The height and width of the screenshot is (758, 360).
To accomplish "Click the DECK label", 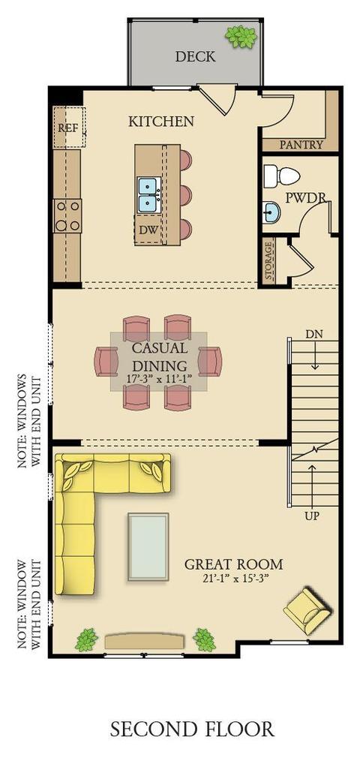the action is [195, 56].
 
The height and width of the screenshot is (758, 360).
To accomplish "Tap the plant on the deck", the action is [241, 37].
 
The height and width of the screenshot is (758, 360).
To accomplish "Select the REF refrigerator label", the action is [67, 128].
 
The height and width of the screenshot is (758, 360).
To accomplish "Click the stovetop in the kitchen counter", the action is [67, 215].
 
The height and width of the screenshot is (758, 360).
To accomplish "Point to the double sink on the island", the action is [148, 195].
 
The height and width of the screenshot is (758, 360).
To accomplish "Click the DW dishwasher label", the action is [148, 230].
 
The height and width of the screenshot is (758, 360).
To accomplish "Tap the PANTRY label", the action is [301, 144].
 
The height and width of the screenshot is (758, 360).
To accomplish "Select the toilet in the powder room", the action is [282, 176].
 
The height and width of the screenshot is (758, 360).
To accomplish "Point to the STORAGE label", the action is [269, 261].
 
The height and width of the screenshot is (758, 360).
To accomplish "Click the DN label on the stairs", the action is [314, 334].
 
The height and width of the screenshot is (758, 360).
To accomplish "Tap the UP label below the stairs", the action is [312, 516].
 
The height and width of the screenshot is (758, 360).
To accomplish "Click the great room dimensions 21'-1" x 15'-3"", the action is [234, 578].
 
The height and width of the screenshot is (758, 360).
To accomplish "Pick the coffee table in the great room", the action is [148, 547].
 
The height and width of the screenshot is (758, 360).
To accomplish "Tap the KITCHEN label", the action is [161, 122].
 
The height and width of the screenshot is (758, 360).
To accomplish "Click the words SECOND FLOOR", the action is [192, 729].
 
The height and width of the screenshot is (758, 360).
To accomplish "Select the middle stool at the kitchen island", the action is [185, 195].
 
